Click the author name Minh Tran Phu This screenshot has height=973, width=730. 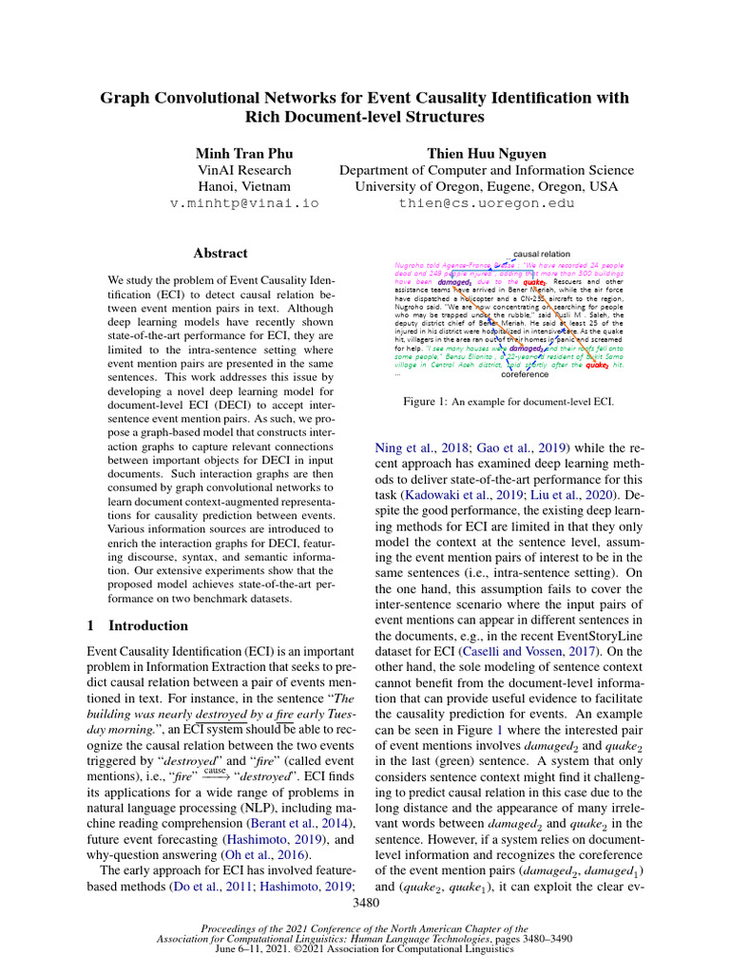244,153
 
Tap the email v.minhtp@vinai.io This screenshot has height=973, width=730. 244,203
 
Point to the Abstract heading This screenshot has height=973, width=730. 221,254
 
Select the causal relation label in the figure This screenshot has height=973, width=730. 542,255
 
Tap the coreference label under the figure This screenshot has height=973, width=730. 524,374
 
